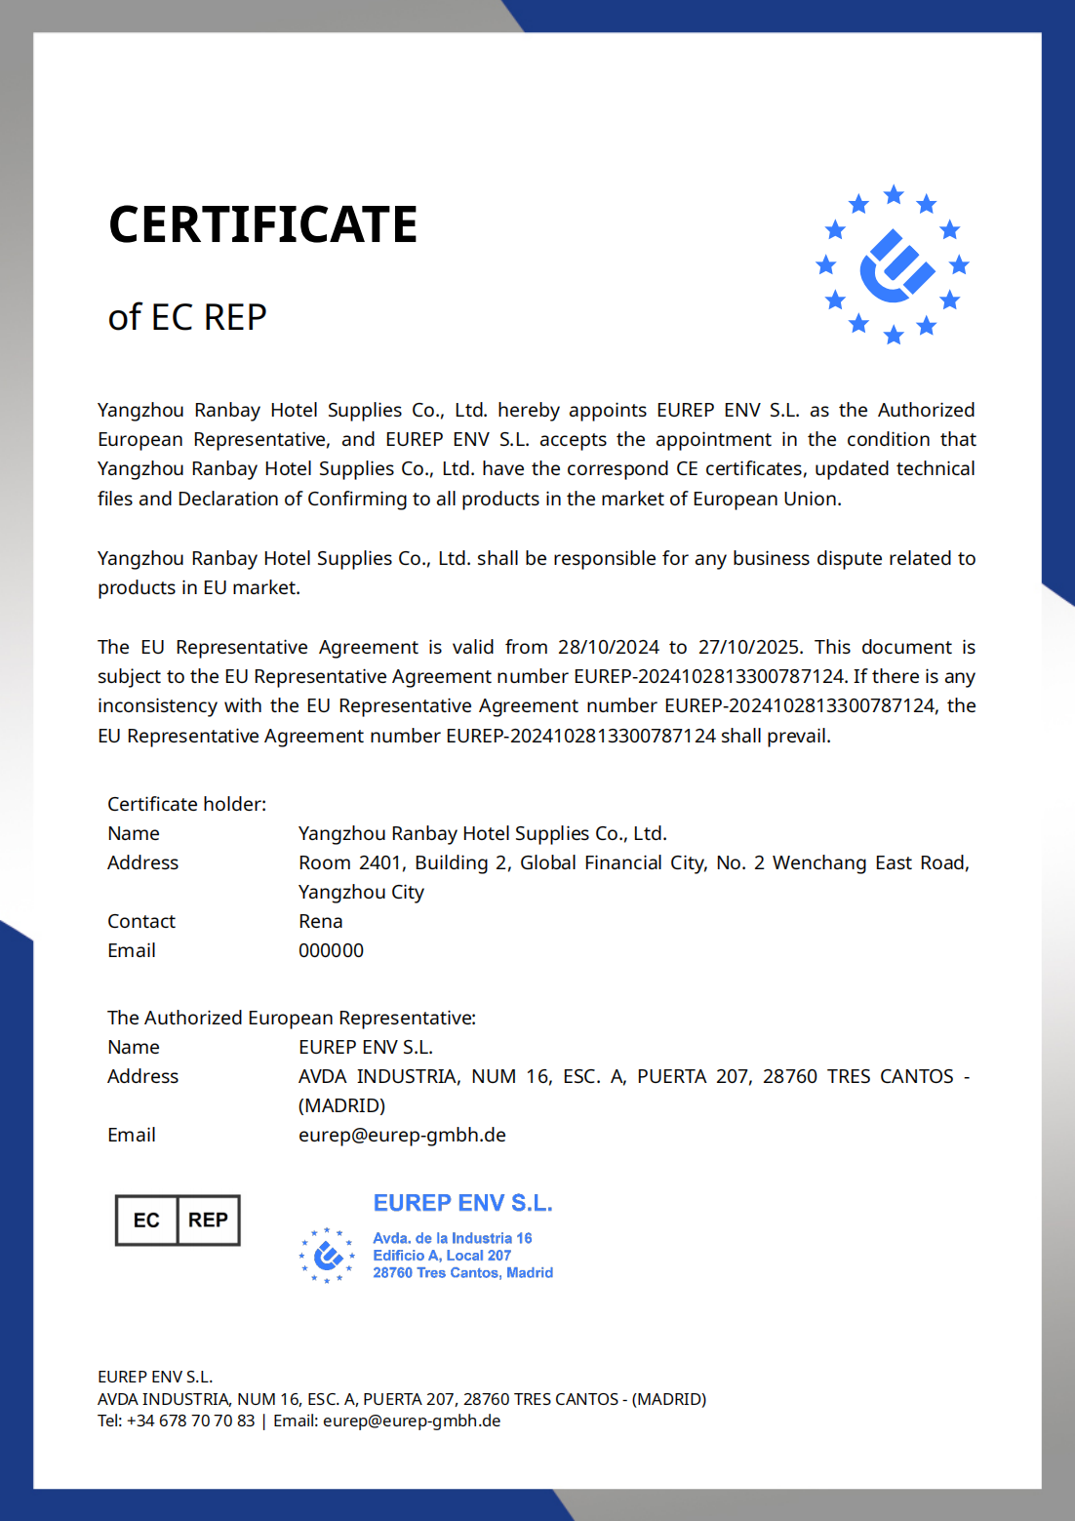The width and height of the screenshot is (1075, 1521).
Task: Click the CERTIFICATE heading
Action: tap(263, 224)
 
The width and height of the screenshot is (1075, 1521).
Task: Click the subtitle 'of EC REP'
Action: tap(187, 317)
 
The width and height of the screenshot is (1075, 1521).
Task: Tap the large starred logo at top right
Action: tap(893, 265)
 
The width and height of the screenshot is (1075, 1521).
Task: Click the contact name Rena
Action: tap(320, 921)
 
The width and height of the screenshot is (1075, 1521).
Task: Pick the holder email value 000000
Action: tap(331, 950)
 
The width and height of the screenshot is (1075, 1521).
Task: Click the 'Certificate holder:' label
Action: tap(186, 804)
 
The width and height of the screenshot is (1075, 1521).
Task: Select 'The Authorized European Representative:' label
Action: tap(292, 1018)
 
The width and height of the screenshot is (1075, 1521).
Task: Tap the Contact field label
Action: tap(141, 921)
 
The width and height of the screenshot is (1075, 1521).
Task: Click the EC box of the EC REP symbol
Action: tap(146, 1221)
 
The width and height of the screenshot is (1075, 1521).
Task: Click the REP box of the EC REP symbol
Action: tap(208, 1221)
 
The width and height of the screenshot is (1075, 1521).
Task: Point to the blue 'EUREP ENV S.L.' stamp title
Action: tap(462, 1203)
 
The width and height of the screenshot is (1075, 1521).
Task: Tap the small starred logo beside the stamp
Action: tap(327, 1255)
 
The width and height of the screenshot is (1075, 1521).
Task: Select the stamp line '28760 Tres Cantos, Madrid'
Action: tap(462, 1272)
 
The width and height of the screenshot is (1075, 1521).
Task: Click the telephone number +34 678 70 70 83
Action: tap(190, 1421)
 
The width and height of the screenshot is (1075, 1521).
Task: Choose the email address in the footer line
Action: tap(412, 1421)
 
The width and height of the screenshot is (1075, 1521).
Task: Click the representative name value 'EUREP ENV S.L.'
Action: tap(366, 1047)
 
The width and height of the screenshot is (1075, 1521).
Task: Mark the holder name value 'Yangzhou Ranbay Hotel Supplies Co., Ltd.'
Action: tap(483, 833)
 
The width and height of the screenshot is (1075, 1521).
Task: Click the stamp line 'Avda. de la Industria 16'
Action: tap(453, 1238)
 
